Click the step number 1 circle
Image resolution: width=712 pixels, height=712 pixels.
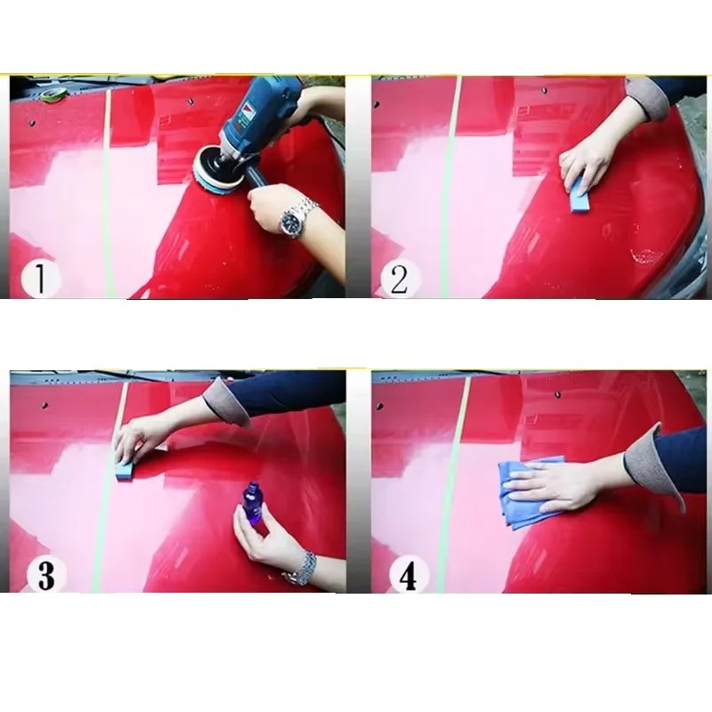coord(40,279)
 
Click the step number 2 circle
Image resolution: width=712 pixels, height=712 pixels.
coord(400,279)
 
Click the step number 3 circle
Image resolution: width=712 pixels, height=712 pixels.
coord(46,575)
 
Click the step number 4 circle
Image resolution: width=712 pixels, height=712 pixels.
coord(409,575)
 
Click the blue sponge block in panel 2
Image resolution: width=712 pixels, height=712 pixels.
coord(581,194)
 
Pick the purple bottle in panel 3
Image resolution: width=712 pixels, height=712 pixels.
coord(251,503)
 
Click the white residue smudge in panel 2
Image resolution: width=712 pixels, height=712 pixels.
coord(647,256)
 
